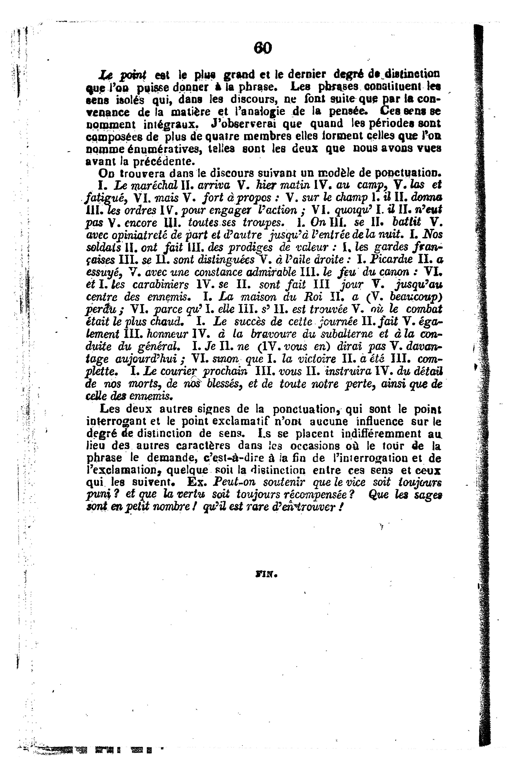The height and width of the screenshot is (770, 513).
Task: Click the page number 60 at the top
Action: click(x=262, y=48)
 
